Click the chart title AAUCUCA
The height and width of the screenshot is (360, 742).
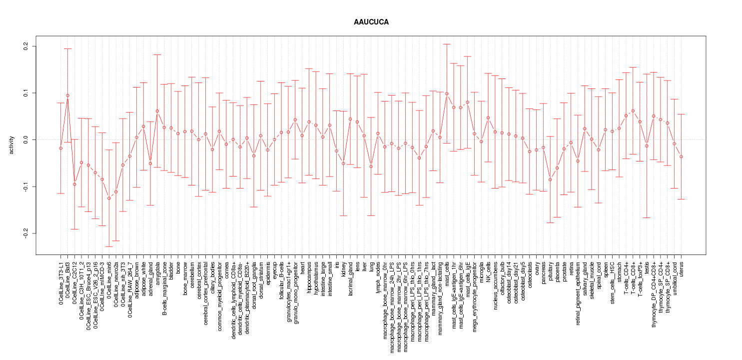point(371,22)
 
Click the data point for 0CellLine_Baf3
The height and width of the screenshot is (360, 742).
point(67,95)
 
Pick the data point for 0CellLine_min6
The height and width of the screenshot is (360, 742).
point(109,198)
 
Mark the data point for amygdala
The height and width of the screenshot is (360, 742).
point(157,111)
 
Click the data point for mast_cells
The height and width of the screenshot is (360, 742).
point(447,93)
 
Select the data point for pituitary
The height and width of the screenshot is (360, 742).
point(550,179)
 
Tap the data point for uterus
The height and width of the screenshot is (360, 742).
point(681,156)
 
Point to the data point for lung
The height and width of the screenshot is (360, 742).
point(371,166)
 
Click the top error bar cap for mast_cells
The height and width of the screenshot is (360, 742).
point(447,44)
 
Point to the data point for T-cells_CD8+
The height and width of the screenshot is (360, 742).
point(633,110)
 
